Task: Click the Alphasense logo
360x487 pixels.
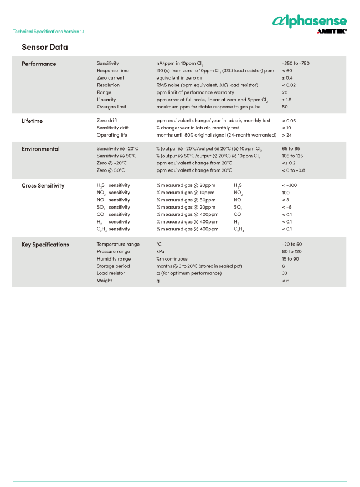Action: (309, 21)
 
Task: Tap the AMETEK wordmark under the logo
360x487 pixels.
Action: (331, 32)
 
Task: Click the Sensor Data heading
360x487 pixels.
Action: (44, 47)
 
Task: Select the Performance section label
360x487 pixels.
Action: (39, 64)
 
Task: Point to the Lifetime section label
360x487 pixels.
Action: (32, 121)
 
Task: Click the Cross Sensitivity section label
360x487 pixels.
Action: (43, 186)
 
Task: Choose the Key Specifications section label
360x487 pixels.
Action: (45, 245)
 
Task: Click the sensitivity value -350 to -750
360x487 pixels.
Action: (295, 64)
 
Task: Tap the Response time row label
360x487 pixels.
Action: (112, 71)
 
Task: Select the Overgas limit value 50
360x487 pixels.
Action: (285, 107)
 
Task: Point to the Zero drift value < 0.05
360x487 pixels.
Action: (289, 121)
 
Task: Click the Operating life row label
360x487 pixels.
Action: (112, 135)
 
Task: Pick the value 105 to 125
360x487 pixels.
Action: (292, 156)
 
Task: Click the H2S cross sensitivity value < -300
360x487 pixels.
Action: (289, 186)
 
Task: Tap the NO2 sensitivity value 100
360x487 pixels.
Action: (285, 193)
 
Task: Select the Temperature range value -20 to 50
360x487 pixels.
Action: (292, 245)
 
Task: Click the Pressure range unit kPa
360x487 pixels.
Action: (161, 252)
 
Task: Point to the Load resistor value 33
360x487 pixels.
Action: (285, 273)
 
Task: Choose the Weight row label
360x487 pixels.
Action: (104, 281)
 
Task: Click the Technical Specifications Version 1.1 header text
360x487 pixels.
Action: (49, 32)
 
